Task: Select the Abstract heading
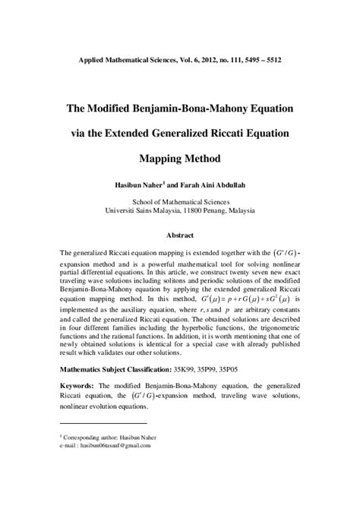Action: pos(180,236)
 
